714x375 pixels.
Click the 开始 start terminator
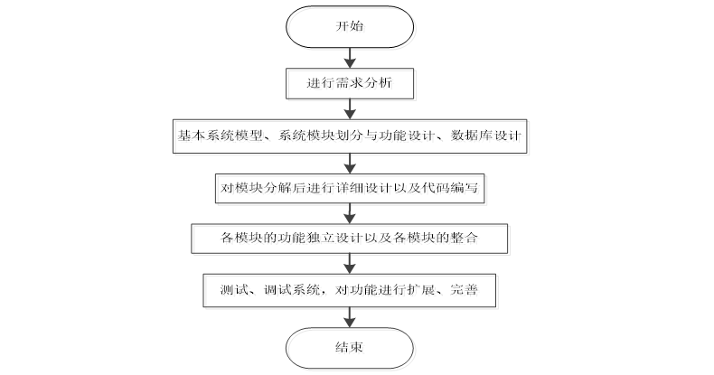tap(349, 27)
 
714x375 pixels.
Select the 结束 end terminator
tap(349, 346)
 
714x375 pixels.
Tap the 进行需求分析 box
tap(349, 84)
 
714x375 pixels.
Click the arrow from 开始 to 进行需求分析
tap(349, 56)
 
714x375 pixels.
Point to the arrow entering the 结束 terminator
tap(349, 317)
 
